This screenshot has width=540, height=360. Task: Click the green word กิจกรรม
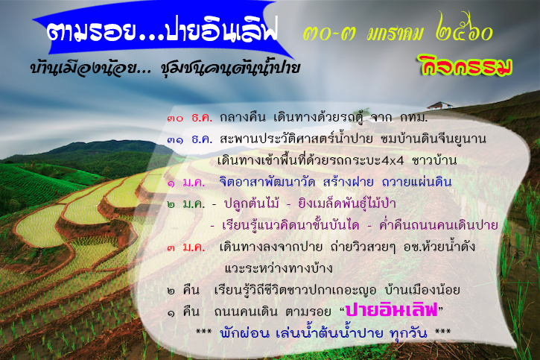click(465, 65)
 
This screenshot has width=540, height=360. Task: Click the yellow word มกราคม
click(395, 34)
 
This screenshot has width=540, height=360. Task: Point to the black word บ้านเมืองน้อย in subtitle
click(84, 67)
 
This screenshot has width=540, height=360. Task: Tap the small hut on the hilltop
click(439, 105)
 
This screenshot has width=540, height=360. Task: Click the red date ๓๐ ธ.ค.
click(190, 119)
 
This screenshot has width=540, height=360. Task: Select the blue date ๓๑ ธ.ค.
click(190, 139)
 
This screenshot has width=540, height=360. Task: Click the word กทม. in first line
click(413, 119)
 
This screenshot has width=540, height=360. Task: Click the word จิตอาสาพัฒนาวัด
click(267, 183)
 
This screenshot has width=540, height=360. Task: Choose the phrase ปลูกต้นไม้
click(251, 203)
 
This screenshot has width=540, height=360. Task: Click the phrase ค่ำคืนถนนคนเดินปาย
click(439, 225)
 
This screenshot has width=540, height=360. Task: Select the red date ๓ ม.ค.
click(186, 247)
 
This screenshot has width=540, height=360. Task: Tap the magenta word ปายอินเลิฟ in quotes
click(391, 310)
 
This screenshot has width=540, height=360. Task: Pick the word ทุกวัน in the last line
click(408, 333)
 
